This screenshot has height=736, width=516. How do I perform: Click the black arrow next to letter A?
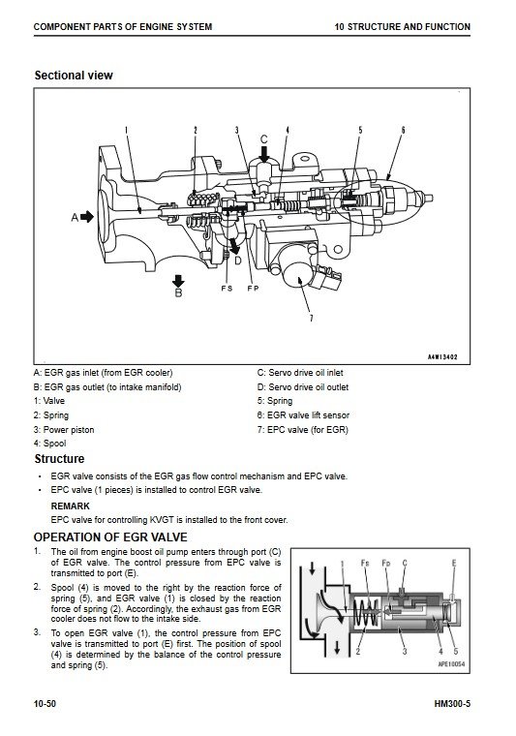point(87,217)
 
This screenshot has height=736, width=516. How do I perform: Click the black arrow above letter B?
point(178,281)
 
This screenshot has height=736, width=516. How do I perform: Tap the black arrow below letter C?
point(264,154)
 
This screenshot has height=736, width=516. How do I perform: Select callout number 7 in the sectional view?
point(311,319)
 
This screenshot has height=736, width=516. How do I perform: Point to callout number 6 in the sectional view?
point(403,130)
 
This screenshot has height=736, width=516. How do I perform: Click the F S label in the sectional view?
point(228,289)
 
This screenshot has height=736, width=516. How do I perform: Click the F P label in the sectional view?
point(253,289)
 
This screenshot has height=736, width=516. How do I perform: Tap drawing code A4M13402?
point(442,357)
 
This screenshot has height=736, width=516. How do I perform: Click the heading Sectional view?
point(74,76)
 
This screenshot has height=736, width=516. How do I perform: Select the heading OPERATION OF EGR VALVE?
point(110,537)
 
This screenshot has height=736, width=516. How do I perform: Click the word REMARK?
point(70,506)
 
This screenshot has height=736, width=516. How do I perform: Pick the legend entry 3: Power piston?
point(64,429)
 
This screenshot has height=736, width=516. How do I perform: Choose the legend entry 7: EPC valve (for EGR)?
point(303,429)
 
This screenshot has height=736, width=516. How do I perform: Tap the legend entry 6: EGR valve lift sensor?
point(303,414)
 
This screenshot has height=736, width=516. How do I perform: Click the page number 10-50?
point(45,704)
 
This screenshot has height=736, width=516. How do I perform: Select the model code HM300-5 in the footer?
point(452,704)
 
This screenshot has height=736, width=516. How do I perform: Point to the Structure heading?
point(59,459)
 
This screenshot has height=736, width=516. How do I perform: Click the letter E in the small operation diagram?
point(454,563)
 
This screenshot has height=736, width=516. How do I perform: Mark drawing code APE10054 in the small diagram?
point(451,664)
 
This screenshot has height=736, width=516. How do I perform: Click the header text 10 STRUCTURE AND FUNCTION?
point(402,27)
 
